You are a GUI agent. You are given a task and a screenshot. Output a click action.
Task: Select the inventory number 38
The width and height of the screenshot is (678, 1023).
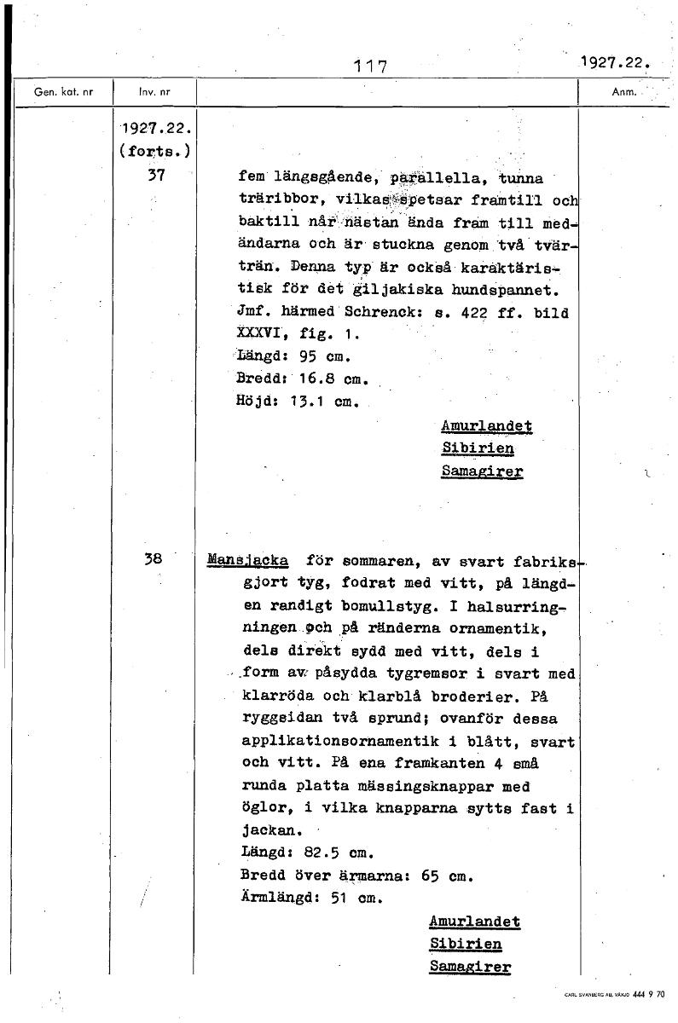point(154,560)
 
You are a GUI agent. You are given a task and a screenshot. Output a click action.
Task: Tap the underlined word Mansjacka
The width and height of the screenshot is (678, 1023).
point(247,561)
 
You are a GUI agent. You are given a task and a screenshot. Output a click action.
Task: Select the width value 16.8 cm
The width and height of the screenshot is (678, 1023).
point(327,379)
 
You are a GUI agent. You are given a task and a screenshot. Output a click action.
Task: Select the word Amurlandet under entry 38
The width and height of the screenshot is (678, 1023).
point(474,922)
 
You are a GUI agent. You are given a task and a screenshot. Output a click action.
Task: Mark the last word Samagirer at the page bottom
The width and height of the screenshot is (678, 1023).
point(470,967)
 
